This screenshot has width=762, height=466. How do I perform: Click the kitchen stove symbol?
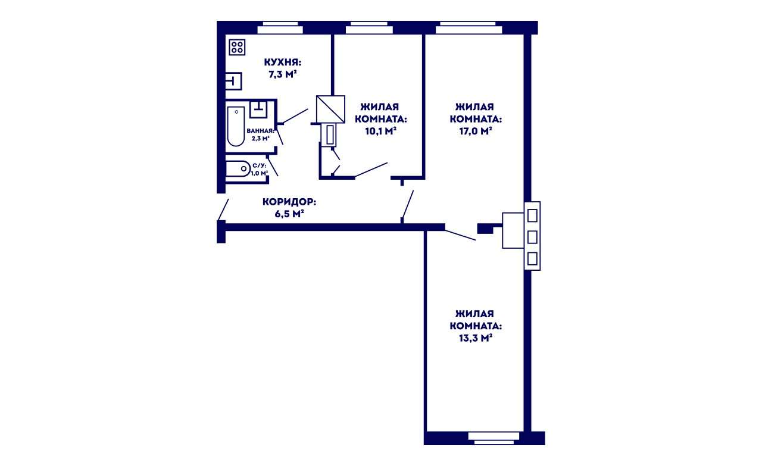[237, 47]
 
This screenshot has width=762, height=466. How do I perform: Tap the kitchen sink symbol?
[233, 81]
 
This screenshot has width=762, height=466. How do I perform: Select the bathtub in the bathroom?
[236, 126]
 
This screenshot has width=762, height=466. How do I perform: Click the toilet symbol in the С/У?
[238, 168]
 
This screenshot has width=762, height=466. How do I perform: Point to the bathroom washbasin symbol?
[258, 110]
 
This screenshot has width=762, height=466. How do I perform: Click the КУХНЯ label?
[283, 62]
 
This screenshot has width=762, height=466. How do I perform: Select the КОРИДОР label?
[289, 202]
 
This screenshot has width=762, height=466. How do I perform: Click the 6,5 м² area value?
[289, 214]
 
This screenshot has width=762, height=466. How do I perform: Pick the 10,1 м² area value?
[380, 131]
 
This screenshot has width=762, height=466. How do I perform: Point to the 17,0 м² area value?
[476, 131]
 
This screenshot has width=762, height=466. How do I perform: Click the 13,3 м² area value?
[476, 338]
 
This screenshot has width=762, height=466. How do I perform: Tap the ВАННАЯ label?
[260, 131]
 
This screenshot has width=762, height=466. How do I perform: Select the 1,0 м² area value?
[260, 173]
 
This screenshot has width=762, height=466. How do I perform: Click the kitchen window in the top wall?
[280, 28]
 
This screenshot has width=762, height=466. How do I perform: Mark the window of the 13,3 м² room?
[494, 438]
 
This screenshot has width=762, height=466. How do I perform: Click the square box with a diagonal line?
[330, 109]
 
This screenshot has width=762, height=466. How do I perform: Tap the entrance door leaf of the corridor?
[223, 209]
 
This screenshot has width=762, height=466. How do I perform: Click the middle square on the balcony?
[532, 237]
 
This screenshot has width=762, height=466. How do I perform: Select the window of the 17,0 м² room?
[469, 28]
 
